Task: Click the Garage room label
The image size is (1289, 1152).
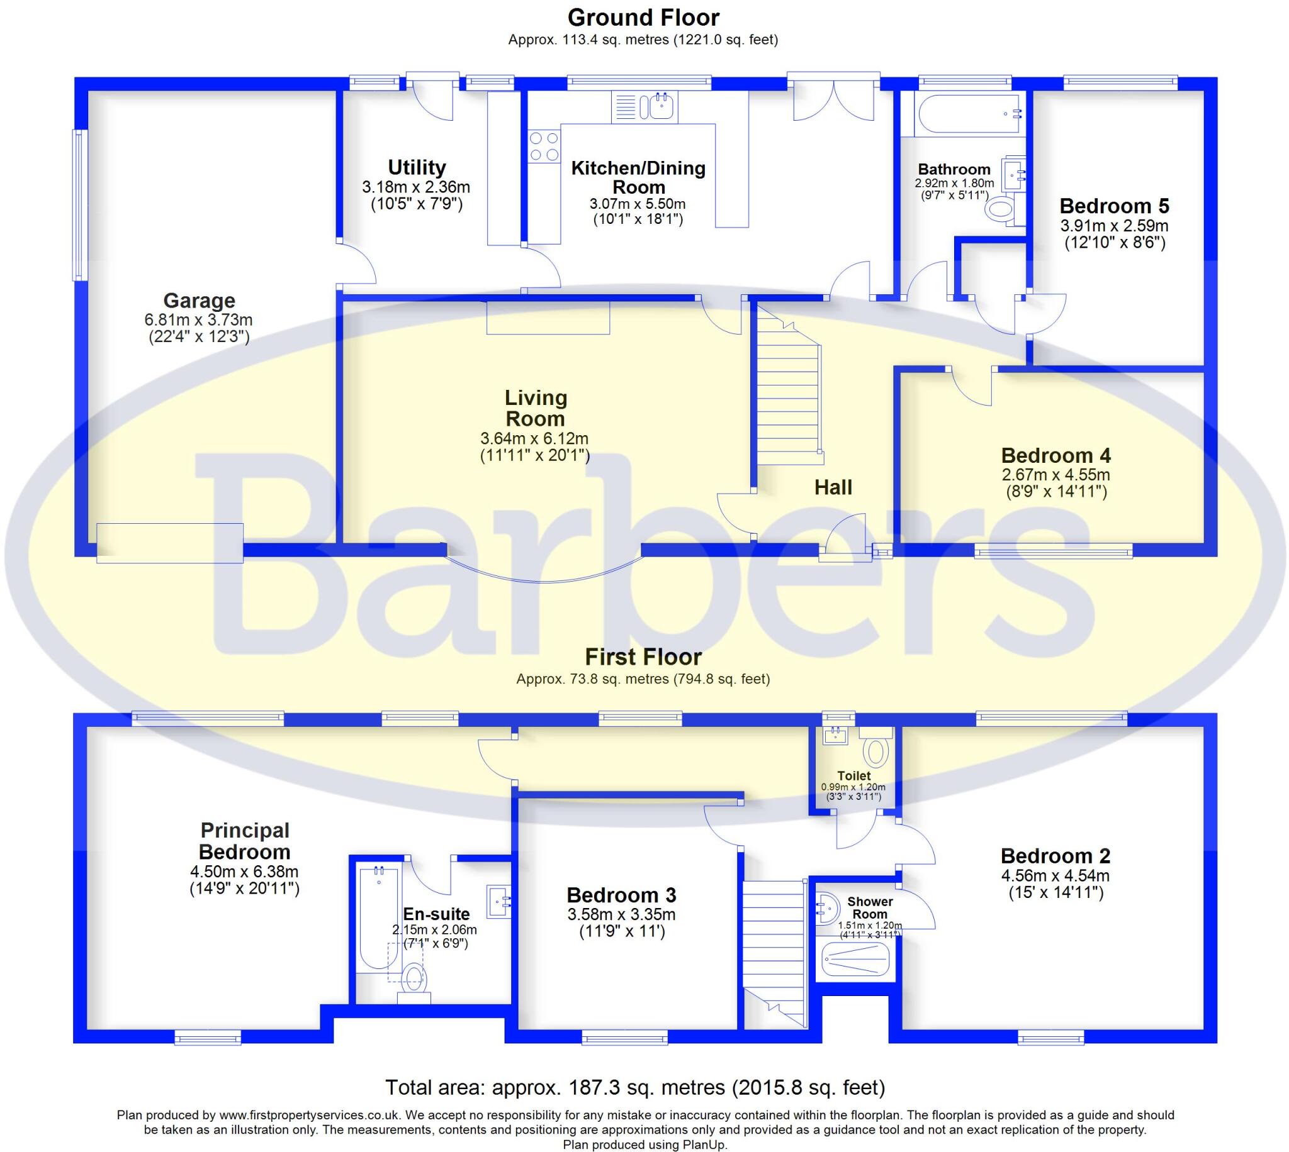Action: click(199, 301)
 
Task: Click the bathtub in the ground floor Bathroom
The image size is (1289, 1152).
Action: click(969, 114)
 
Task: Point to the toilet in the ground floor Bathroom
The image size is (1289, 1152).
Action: click(1001, 209)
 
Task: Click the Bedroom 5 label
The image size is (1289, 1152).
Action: click(1113, 206)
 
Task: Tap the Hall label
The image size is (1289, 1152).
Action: click(833, 487)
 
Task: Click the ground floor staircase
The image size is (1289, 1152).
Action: click(789, 392)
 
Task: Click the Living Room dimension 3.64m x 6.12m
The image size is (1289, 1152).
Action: click(534, 438)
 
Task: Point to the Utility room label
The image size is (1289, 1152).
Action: click(416, 167)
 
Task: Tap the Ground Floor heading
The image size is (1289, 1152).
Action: click(643, 18)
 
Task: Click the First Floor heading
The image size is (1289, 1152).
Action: click(643, 657)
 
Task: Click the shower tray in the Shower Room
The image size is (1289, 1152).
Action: click(855, 959)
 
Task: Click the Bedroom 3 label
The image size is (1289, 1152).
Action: click(621, 895)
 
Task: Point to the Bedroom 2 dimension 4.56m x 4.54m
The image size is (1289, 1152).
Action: click(1055, 876)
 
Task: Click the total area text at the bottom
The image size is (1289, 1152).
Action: click(634, 1087)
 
